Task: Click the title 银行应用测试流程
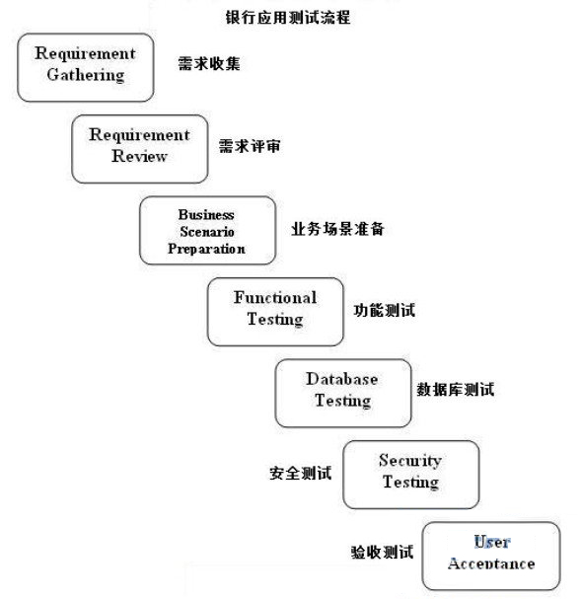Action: point(288,18)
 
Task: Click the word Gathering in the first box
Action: point(86,75)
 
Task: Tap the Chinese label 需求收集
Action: point(209,63)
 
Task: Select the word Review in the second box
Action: point(139,156)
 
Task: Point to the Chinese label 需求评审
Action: point(250,146)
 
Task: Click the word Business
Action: point(206,214)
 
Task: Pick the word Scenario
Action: point(207,232)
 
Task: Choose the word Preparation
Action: point(206,249)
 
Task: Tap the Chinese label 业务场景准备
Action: point(337,229)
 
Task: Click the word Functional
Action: point(275,298)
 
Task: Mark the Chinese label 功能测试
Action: point(385,310)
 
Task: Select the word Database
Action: point(342,379)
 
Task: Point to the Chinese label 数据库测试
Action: point(456,389)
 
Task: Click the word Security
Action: point(410,461)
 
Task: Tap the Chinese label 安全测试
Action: point(301,473)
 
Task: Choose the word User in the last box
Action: point(491,542)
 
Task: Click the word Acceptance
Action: point(491,563)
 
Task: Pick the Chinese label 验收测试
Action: point(382,552)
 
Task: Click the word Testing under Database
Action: point(343,401)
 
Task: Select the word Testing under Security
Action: point(410,483)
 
